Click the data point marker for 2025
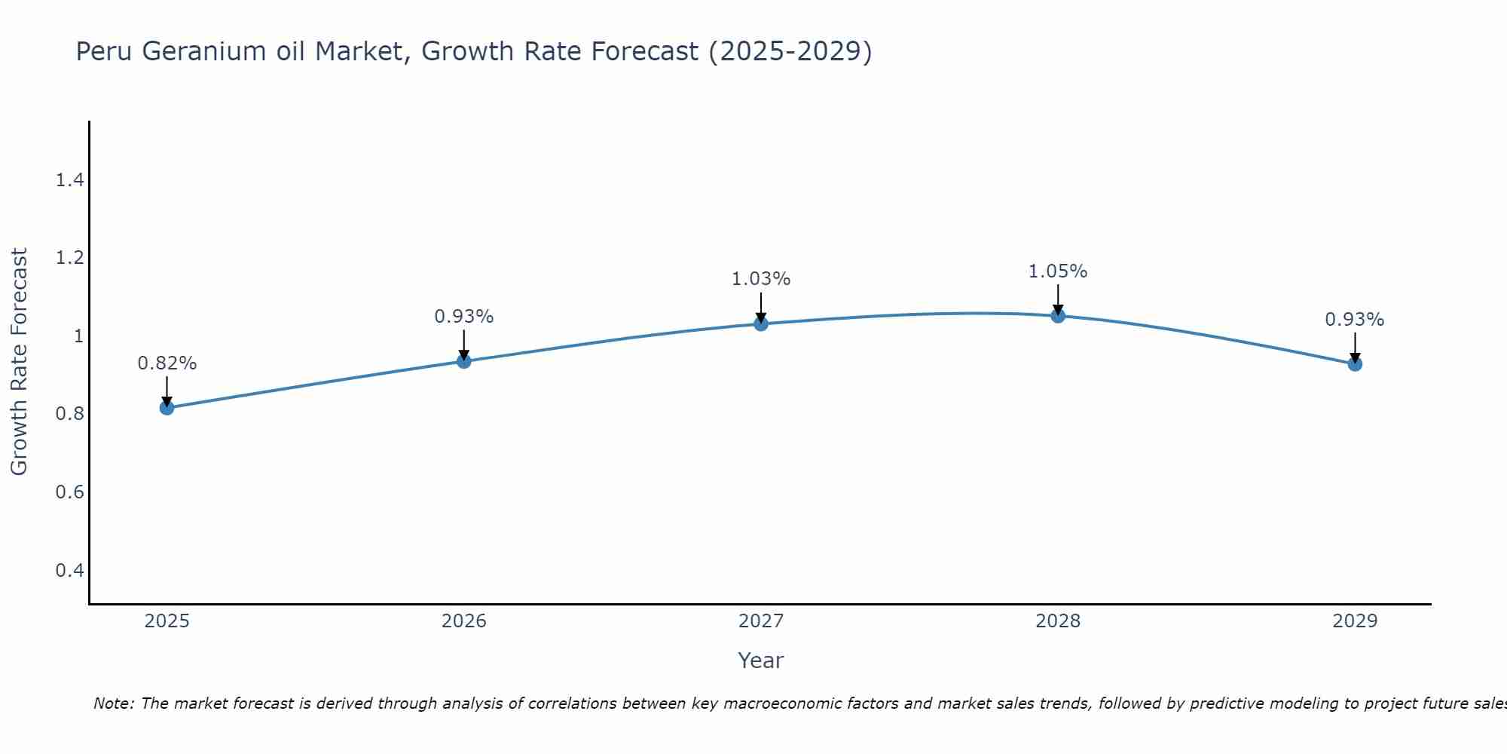click(167, 408)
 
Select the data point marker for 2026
click(464, 361)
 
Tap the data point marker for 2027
click(761, 324)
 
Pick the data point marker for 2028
click(1058, 316)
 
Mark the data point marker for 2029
click(1355, 364)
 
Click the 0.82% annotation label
click(167, 363)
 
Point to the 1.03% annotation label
click(761, 279)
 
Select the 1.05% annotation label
click(1058, 271)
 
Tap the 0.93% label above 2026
click(464, 317)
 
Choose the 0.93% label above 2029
click(1355, 320)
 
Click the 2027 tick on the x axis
click(761, 621)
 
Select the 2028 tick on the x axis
click(1058, 621)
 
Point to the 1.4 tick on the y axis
click(69, 180)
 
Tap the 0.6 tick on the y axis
click(69, 492)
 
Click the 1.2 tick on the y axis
click(69, 259)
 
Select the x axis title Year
click(761, 661)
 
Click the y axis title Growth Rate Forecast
click(19, 362)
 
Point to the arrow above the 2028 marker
click(1058, 299)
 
